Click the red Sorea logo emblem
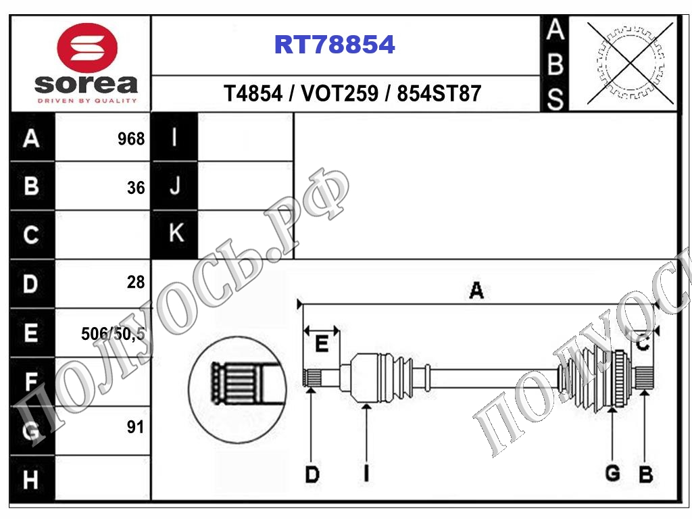(87, 47)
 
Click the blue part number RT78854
(335, 45)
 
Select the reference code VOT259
(339, 93)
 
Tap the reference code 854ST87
(439, 93)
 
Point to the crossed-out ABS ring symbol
(631, 63)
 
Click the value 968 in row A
(131, 139)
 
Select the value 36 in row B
(136, 188)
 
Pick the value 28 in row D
(136, 282)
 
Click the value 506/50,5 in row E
(113, 334)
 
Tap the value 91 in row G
(135, 427)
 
